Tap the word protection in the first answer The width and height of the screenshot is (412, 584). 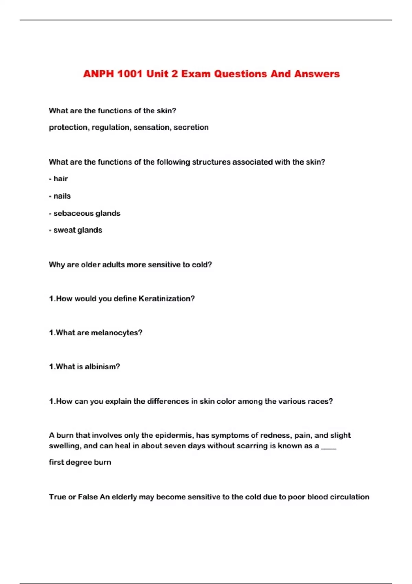tap(68, 127)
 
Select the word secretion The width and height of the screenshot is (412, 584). tap(191, 127)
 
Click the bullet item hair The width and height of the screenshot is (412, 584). tap(60, 179)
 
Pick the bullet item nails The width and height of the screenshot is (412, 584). tap(62, 196)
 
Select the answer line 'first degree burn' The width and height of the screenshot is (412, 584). tap(80, 462)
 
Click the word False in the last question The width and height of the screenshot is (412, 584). tap(88, 497)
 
